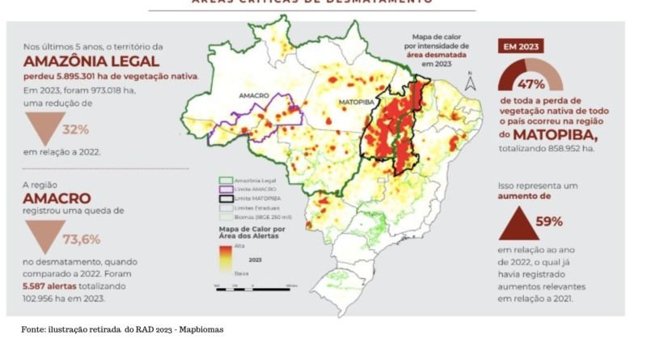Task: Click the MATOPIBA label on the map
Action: [x=353, y=104]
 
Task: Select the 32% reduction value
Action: [x=76, y=129]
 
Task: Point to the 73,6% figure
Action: [x=82, y=239]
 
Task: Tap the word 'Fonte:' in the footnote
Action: [x=34, y=329]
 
